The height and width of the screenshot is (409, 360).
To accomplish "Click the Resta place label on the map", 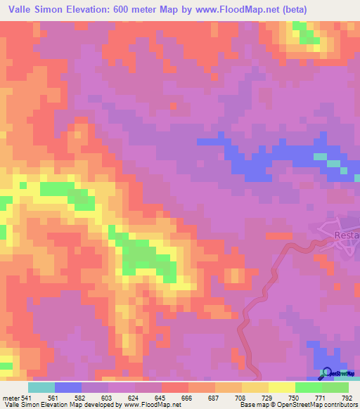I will coord(347,236).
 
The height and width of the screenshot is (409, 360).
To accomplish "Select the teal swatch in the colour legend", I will coord(41,387).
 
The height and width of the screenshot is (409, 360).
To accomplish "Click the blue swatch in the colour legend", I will coord(67,387).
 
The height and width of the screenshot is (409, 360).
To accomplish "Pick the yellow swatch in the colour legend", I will coord(281,387).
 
